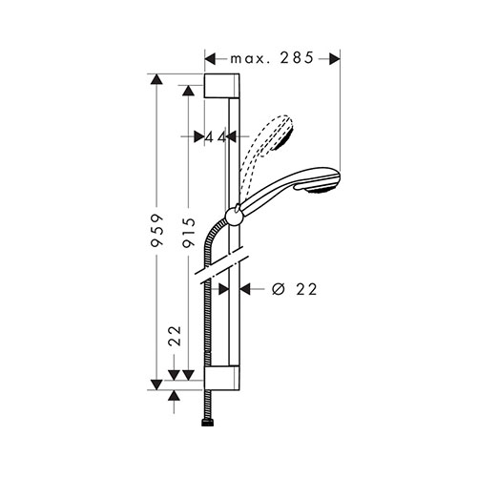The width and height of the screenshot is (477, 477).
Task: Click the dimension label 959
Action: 157,230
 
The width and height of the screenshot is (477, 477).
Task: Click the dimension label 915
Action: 189,233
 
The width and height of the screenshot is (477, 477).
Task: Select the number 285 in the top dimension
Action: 297,58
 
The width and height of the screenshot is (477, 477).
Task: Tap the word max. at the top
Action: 250,59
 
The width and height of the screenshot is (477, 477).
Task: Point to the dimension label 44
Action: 215,137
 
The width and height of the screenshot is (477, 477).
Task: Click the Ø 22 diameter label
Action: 295,289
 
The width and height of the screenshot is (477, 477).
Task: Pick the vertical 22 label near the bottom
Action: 175,336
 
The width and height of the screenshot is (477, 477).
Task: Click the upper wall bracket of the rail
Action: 221,86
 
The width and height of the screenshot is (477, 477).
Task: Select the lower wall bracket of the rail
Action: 221,379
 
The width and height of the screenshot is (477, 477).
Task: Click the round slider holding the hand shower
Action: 234,217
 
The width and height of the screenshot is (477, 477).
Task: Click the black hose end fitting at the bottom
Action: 208,423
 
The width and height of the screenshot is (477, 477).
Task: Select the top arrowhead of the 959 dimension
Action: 156,79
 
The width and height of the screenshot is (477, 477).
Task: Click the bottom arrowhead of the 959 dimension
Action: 156,384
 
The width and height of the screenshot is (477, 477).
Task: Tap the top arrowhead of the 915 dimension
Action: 188,91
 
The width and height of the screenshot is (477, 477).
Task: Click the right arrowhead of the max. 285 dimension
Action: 335,59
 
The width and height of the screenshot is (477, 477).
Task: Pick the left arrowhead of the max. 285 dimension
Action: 210,59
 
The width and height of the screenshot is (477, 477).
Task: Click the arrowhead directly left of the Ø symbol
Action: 245,289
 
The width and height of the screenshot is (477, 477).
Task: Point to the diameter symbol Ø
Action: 279,289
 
